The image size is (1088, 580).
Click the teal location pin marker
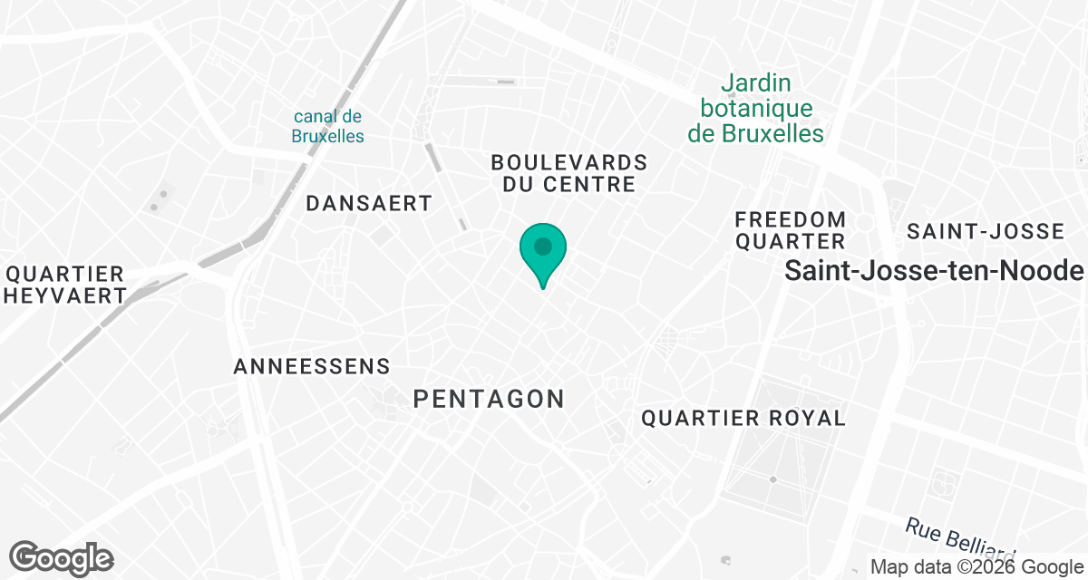pos(543,251)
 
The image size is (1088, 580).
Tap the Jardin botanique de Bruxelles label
pos(755,109)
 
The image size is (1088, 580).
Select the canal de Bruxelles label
pos(328,126)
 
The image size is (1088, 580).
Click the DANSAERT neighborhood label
pos(369,203)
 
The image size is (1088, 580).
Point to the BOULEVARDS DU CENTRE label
pos(569,173)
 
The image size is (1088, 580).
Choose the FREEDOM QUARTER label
pos(790,230)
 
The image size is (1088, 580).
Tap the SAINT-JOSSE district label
pos(986,231)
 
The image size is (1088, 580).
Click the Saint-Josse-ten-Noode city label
pos(934,270)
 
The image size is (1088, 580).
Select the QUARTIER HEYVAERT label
pos(65,285)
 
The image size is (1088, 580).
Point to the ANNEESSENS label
pos(312,367)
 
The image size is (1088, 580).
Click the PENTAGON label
pos(489,398)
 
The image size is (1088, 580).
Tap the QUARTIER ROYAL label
pos(743,418)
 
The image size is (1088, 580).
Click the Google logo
pos(62,557)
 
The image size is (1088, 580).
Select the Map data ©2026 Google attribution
pos(977,567)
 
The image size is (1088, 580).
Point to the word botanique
pos(755,109)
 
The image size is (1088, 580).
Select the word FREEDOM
pos(790,219)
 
